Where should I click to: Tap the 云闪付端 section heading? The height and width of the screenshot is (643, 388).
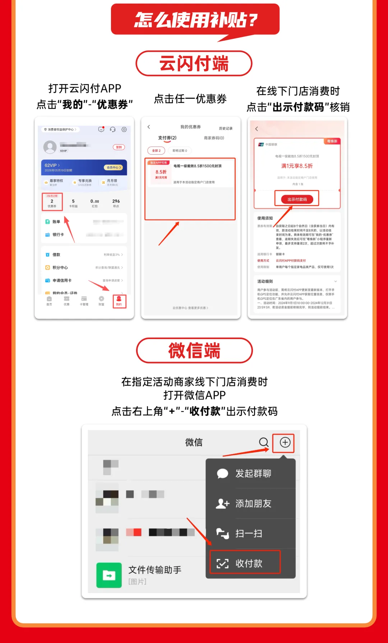(194, 64)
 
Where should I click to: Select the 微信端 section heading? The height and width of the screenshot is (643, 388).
(194, 351)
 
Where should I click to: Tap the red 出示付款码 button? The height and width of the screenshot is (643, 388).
(297, 199)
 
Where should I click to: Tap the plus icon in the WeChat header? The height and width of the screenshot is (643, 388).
(285, 442)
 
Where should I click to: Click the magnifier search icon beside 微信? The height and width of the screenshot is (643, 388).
(264, 442)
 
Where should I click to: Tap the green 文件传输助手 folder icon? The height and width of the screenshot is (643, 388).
(109, 575)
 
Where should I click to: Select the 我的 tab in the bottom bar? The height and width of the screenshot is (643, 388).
(119, 301)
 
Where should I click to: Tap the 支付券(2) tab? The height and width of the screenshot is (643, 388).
(167, 138)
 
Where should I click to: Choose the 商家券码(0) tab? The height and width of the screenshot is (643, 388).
(214, 138)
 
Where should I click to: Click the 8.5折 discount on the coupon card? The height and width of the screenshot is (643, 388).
(161, 172)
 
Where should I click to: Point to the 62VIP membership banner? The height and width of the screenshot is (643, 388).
(84, 167)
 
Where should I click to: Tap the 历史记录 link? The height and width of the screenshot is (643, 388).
(226, 128)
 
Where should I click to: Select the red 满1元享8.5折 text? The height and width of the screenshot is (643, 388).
(297, 166)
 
